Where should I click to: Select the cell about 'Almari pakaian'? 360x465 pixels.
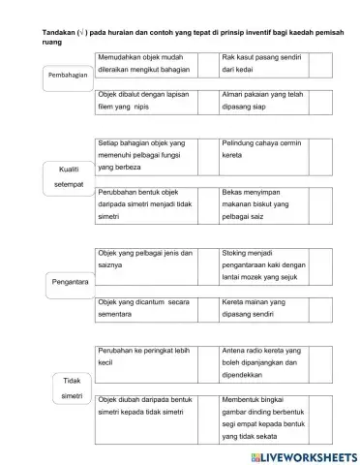coord(262,103)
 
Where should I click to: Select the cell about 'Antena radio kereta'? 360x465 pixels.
coord(262,359)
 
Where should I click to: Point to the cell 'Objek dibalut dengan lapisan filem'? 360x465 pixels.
coord(153,103)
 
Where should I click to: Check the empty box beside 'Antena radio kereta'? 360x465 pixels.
coord(320,359)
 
